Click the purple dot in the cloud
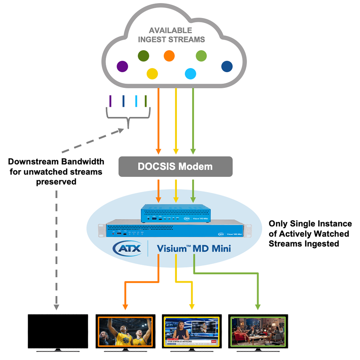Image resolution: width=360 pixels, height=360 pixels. [x=122, y=66]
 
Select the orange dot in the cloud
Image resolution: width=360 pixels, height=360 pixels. [x=169, y=56]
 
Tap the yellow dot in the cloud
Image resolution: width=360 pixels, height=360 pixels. [x=152, y=73]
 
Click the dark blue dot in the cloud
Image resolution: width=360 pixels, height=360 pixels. [x=227, y=66]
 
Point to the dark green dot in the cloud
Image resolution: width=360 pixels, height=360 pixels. [x=143, y=56]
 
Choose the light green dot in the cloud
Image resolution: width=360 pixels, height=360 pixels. [x=201, y=56]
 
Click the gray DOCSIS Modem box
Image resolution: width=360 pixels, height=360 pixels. [x=175, y=166]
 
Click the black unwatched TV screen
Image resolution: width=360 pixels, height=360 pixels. [x=58, y=331]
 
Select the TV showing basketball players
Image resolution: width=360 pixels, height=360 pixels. [x=125, y=331]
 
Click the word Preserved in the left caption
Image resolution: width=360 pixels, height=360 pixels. [x=56, y=182]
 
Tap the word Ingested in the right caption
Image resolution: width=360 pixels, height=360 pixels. [x=323, y=244]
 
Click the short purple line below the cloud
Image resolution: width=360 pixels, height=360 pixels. [x=110, y=101]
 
